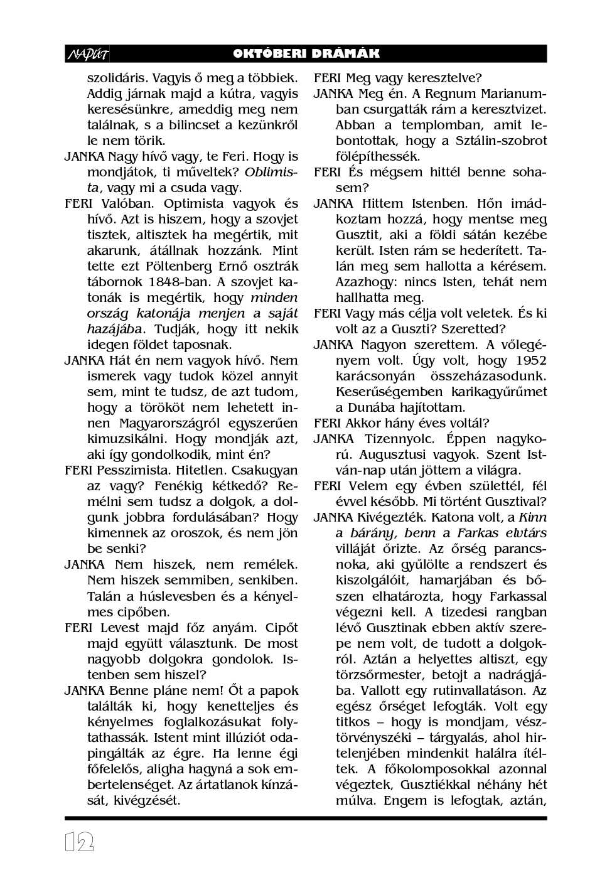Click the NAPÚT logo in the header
pyautogui.click(x=87, y=55)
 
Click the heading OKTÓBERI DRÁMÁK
pyautogui.click(x=306, y=54)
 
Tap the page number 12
pyautogui.click(x=79, y=842)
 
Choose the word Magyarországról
pyautogui.click(x=166, y=423)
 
